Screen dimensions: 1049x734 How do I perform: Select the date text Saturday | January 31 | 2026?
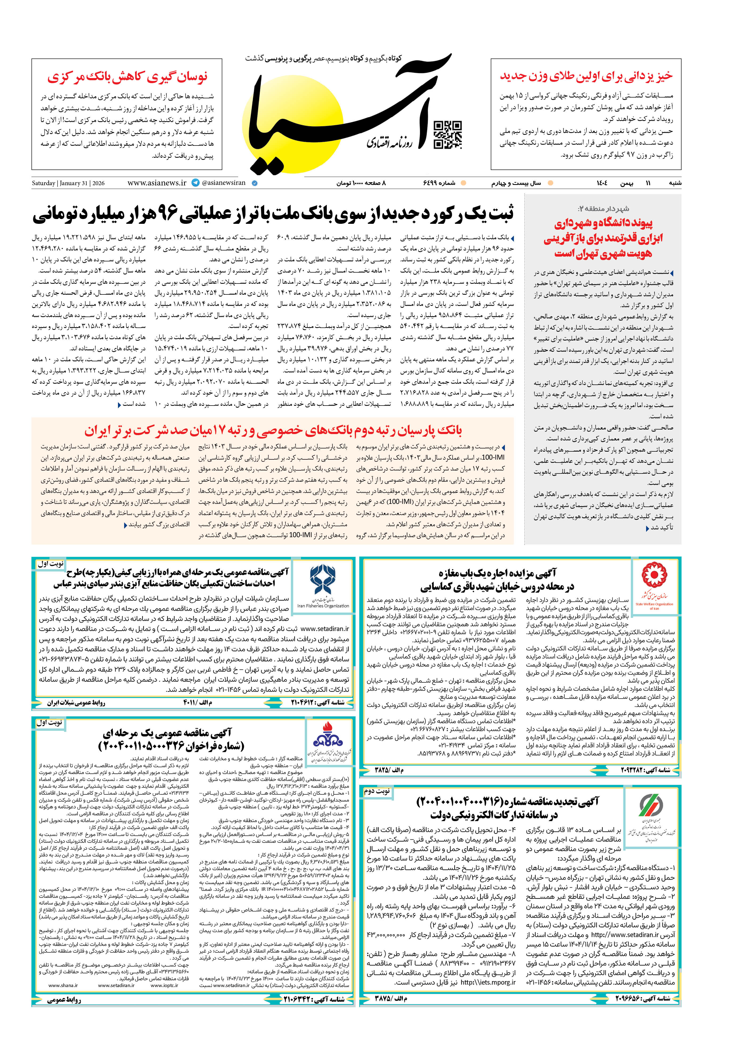coord(68,183)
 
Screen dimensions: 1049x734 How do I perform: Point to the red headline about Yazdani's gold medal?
coord(586,76)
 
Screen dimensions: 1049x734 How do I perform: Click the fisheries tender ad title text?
coord(171,578)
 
